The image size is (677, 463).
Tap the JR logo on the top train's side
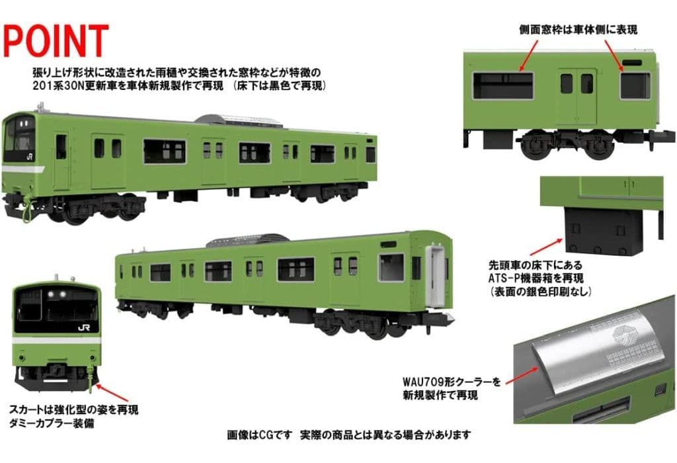tap(30, 157)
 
